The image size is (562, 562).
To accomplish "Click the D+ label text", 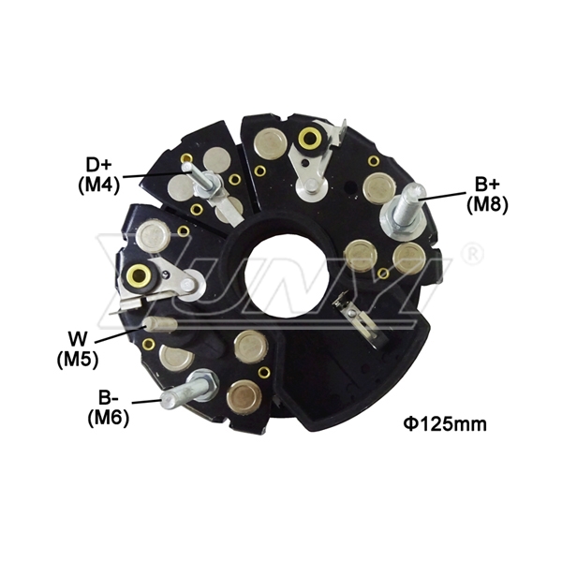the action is pos(99,166).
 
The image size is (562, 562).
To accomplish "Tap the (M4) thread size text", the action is pos(98,185).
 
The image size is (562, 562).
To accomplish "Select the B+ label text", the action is pos(487,185).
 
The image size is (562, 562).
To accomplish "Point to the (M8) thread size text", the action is pos(487,204).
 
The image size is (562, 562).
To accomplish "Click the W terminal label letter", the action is pos(78,338).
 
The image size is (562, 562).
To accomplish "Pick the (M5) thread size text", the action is pos(78,359).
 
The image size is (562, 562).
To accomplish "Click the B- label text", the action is pos(109,398).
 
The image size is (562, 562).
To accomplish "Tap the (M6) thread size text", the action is pos(109,418).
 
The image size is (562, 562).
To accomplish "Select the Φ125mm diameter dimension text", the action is pos(445,424).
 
